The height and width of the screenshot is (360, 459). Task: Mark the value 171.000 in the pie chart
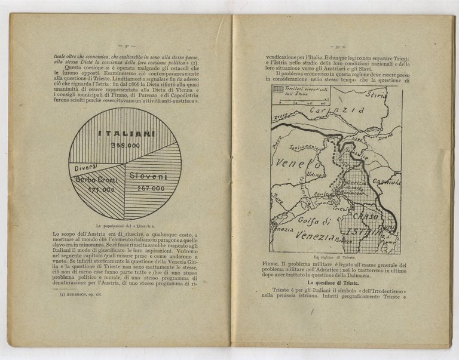pyautogui.click(x=99, y=189)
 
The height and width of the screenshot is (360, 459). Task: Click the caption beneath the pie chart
pyautogui.click(x=125, y=220)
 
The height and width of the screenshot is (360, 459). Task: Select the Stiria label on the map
pyautogui.click(x=376, y=95)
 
